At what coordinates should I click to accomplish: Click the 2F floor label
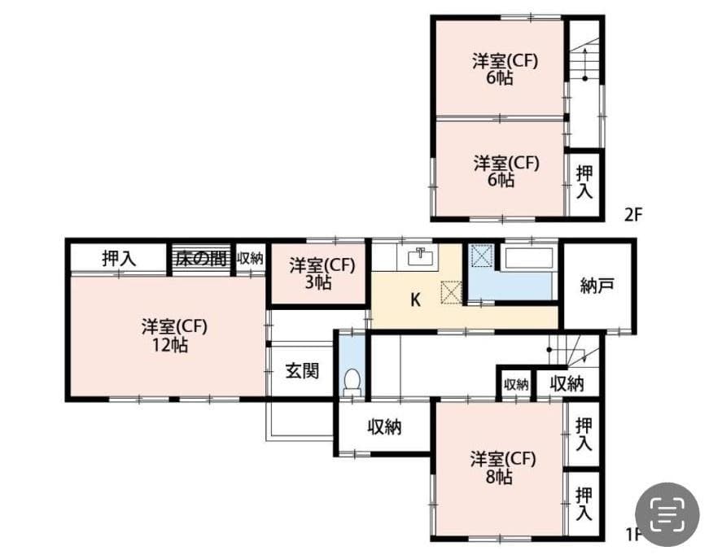pyautogui.click(x=634, y=215)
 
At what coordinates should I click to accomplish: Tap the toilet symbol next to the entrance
pyautogui.click(x=352, y=382)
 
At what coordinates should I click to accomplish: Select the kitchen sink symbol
pyautogui.click(x=418, y=256)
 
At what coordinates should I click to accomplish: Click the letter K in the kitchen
pyautogui.click(x=415, y=299)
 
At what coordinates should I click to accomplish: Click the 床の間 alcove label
pyautogui.click(x=199, y=259)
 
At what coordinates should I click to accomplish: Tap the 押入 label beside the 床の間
pyautogui.click(x=119, y=259)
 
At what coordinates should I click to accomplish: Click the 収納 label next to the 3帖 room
pyautogui.click(x=251, y=259)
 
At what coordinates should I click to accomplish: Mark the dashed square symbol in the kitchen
pyautogui.click(x=450, y=291)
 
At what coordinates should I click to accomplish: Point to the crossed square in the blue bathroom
pyautogui.click(x=482, y=256)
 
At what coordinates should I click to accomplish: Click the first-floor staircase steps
pyautogui.click(x=574, y=352)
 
